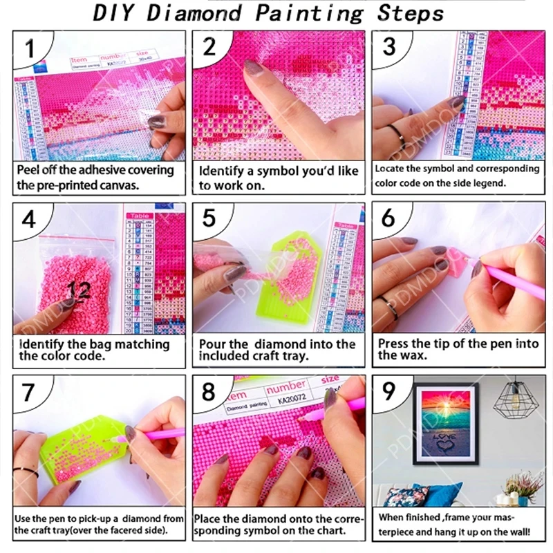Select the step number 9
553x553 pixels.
(x=389, y=392)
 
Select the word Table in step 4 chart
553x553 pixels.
(x=139, y=216)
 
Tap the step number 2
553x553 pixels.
(x=209, y=47)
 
